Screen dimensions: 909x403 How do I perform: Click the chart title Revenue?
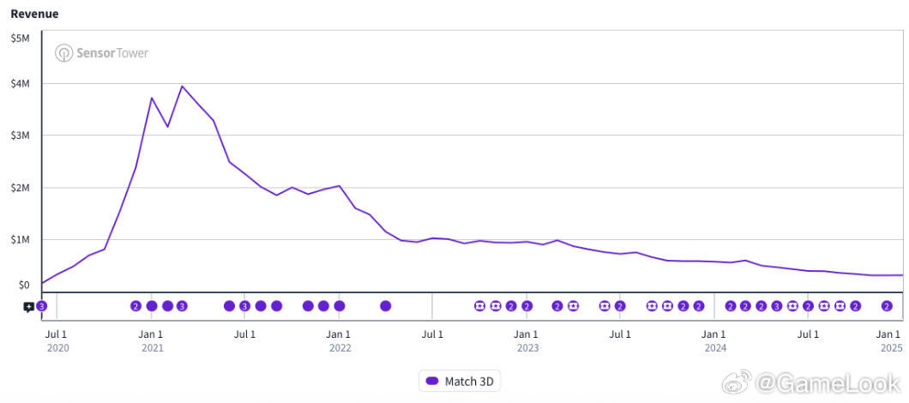tap(35, 14)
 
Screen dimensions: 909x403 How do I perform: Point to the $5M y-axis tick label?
tap(21, 39)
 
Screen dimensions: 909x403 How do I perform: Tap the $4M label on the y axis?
tap(21, 84)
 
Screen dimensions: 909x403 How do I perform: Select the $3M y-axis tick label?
tap(21, 135)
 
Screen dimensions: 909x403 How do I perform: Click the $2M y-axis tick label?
tap(21, 188)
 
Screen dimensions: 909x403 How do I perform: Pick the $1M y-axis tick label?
tap(21, 239)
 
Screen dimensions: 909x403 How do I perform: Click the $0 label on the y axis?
tap(24, 285)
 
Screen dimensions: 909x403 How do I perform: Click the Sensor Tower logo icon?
tap(63, 53)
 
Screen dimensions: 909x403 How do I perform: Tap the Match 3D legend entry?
tap(460, 381)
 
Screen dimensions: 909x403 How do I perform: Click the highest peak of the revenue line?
tap(182, 86)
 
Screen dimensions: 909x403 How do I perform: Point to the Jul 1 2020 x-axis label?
tap(57, 341)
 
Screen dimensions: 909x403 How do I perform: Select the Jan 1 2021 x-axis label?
tap(151, 341)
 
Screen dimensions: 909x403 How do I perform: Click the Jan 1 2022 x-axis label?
tap(339, 341)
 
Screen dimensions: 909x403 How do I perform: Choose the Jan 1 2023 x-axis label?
tap(527, 341)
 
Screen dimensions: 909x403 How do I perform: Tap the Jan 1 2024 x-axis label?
tap(714, 341)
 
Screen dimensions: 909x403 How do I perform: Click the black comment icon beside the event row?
tap(28, 307)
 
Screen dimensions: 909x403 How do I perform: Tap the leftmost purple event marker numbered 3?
tap(41, 306)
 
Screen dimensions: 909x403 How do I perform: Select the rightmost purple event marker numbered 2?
tap(887, 306)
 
